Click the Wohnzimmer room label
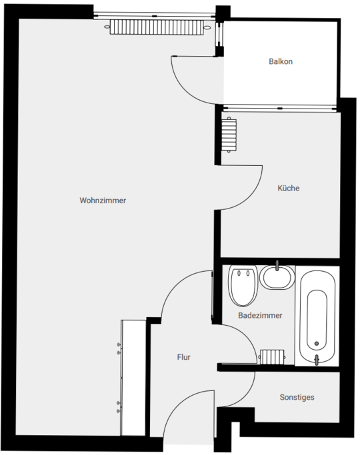click(x=103, y=201)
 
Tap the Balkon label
click(x=281, y=61)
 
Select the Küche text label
click(x=288, y=188)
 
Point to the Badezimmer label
click(x=260, y=315)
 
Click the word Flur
click(x=184, y=357)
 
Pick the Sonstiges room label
click(x=297, y=397)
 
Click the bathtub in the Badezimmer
click(x=317, y=317)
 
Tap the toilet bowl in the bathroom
click(x=243, y=286)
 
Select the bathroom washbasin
click(x=277, y=277)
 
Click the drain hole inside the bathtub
click(x=317, y=343)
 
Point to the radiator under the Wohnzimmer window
click(x=157, y=27)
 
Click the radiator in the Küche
click(x=229, y=135)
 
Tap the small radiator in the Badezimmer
click(x=272, y=356)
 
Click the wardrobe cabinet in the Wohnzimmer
click(x=133, y=378)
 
